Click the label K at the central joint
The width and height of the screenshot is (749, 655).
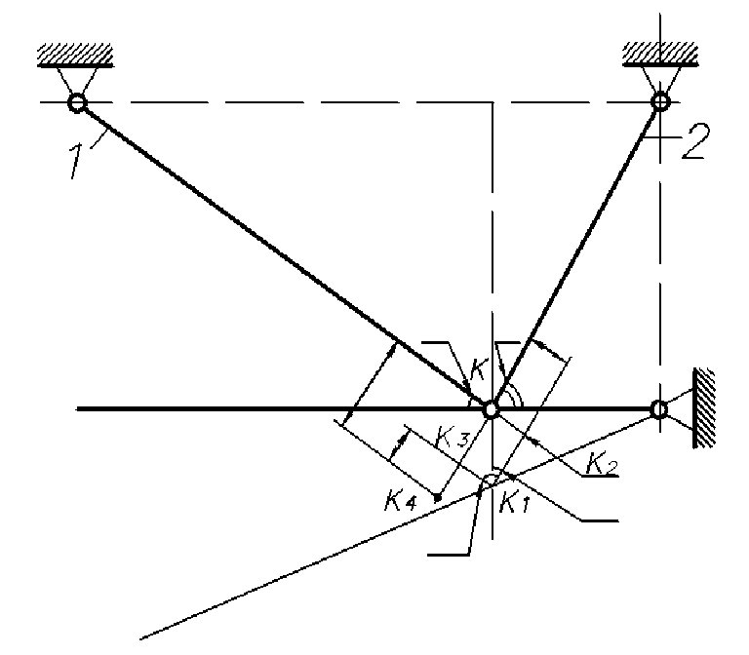(477, 369)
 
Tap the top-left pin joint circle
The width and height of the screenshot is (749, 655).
(76, 101)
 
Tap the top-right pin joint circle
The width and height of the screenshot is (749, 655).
(660, 100)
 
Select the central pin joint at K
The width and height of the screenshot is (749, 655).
(491, 408)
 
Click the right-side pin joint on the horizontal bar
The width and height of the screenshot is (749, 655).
(659, 408)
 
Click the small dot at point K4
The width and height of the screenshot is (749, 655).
(439, 498)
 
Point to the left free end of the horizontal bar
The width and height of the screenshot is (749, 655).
(78, 408)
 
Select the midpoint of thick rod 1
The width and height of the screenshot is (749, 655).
(283, 254)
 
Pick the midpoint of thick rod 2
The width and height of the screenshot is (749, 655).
(575, 254)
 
